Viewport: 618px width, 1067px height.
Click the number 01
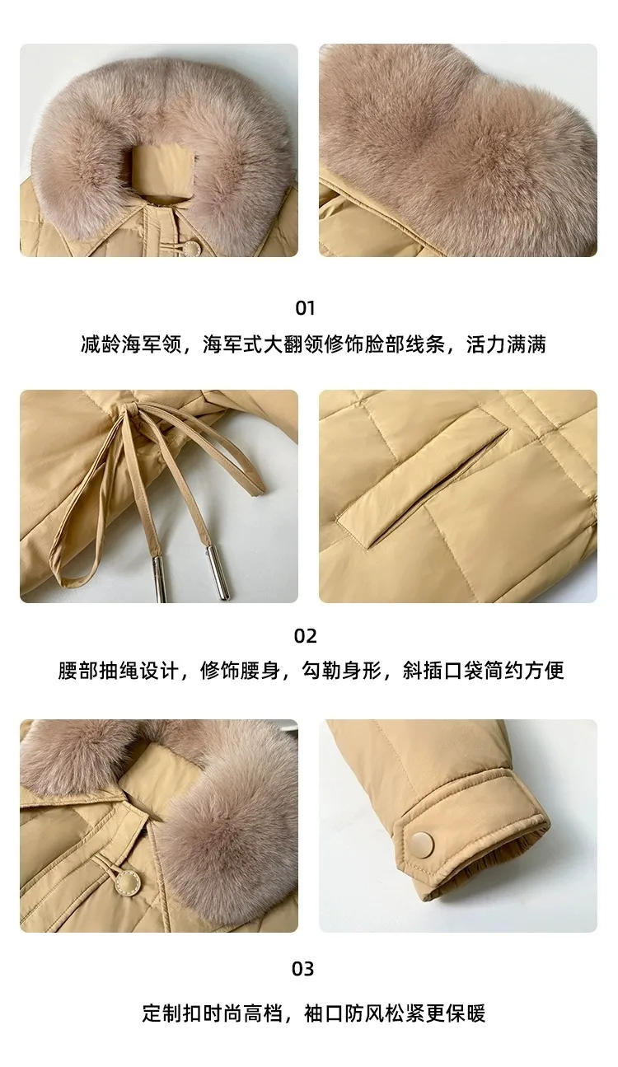[x=305, y=308]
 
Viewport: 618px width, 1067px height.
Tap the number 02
[x=305, y=636]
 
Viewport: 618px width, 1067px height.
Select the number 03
[x=304, y=968]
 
